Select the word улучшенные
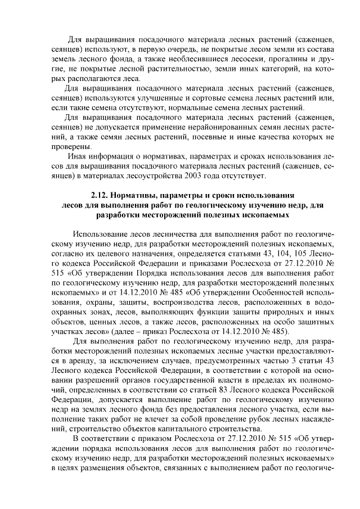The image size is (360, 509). (167, 98)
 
